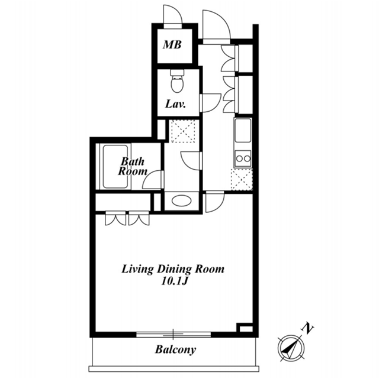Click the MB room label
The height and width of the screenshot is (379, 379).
click(172, 45)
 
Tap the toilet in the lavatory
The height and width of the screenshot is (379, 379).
click(177, 81)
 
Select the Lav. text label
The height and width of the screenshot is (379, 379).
click(175, 104)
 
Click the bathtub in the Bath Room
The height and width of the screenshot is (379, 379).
click(115, 167)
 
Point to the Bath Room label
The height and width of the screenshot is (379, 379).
click(133, 166)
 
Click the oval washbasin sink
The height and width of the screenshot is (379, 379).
click(182, 200)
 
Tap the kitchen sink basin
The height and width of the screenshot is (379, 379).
click(243, 130)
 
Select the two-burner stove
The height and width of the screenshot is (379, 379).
click(243, 158)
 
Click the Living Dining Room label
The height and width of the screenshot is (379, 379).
click(173, 269)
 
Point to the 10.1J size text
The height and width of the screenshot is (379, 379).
click(175, 281)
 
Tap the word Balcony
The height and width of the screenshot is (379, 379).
click(175, 350)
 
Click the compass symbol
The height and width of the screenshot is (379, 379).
click(291, 348)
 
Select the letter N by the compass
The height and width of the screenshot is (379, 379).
click(307, 328)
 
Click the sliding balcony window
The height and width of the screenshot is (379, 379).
click(174, 335)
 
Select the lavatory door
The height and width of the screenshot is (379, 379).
click(210, 103)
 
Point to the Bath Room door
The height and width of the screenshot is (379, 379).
click(152, 180)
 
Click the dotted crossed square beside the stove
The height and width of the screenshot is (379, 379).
click(242, 180)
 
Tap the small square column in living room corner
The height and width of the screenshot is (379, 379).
click(245, 328)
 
